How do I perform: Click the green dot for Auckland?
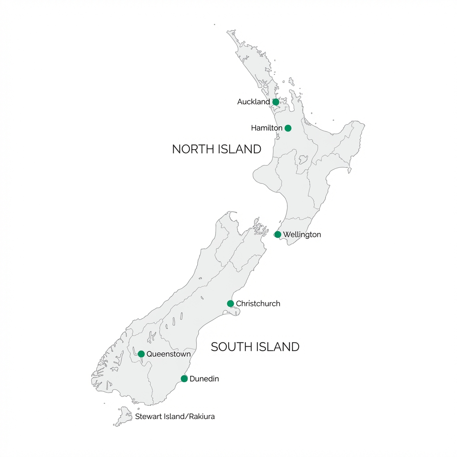click(276, 102)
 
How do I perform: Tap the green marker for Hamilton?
click(288, 128)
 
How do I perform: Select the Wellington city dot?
click(278, 234)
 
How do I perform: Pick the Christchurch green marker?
click(230, 303)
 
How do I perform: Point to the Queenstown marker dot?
click(141, 354)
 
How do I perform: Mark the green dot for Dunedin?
click(184, 378)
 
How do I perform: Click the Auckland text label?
click(253, 102)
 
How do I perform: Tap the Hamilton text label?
click(266, 128)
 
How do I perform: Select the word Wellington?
click(302, 234)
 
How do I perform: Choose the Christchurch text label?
click(258, 303)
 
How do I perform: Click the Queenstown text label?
click(169, 354)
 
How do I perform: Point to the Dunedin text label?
click(204, 378)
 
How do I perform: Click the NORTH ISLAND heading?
click(216, 149)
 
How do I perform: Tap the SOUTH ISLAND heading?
click(255, 347)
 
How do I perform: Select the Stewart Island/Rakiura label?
click(175, 416)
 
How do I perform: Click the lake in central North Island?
click(303, 159)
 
